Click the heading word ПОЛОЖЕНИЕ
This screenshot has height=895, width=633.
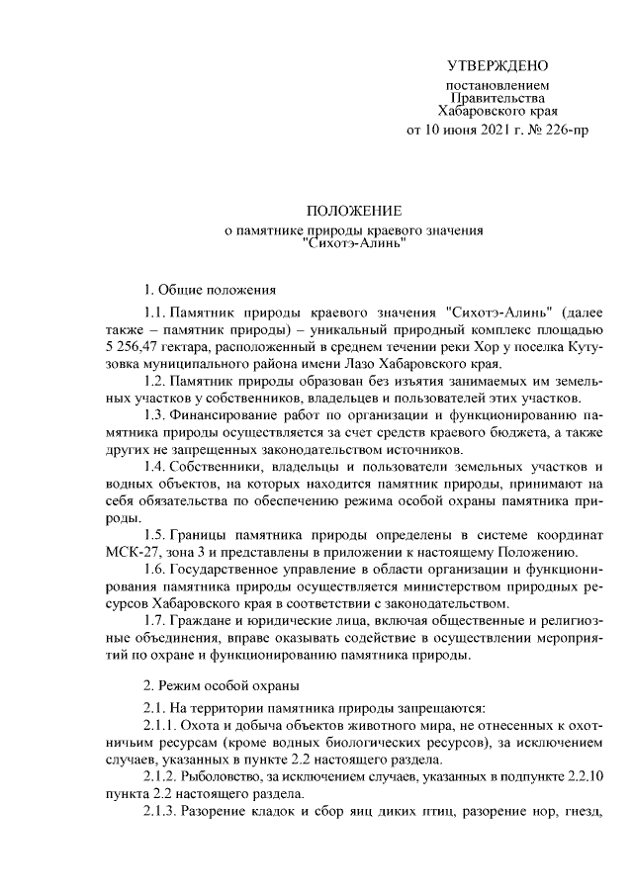tap(353, 212)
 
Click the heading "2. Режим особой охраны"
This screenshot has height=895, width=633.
tap(220, 684)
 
